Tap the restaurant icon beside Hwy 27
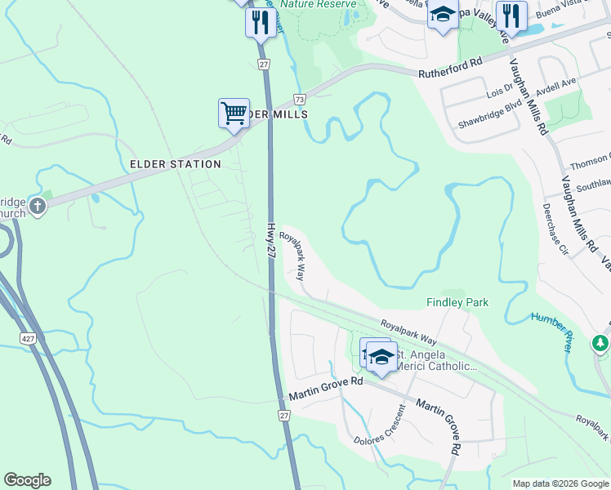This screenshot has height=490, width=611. pyautogui.click(x=260, y=22)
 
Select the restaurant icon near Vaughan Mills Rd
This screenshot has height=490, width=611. pyautogui.click(x=511, y=16)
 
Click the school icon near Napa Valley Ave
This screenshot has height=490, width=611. pyautogui.click(x=443, y=16)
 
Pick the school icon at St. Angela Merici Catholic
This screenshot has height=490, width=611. pyautogui.click(x=381, y=357)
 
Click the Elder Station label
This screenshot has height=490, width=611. pyautogui.click(x=176, y=164)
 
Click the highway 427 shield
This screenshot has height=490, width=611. pyautogui.click(x=29, y=337)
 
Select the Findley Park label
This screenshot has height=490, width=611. pyautogui.click(x=457, y=302)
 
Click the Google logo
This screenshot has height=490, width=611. pyautogui.click(x=27, y=480)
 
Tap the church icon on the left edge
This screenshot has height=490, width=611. pyautogui.click(x=36, y=207)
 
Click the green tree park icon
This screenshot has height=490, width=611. pyautogui.click(x=602, y=343)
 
